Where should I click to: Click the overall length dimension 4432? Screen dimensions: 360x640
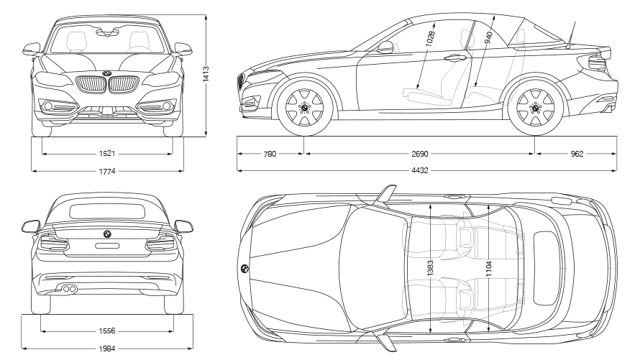coord(426,171)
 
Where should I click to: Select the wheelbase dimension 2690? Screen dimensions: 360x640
coord(420,153)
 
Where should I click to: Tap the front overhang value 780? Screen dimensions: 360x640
coord(270,153)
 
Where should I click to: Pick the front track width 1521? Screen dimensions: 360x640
coord(107,153)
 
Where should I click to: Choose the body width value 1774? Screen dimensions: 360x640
coord(107,171)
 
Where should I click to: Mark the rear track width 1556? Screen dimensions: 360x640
coord(107,331)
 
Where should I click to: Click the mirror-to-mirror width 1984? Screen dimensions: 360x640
coord(107,349)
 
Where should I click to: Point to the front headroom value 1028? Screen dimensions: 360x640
coord(430,40)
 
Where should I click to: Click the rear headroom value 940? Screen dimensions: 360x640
coord(489,37)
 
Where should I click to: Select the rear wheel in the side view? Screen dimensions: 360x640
coord(535,107)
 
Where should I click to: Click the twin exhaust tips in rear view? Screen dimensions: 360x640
coord(70,289)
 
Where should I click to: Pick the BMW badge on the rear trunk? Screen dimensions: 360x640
coord(107,235)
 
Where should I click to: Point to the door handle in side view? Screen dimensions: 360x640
coord(454,58)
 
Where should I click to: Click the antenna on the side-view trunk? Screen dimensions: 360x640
coord(575,30)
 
